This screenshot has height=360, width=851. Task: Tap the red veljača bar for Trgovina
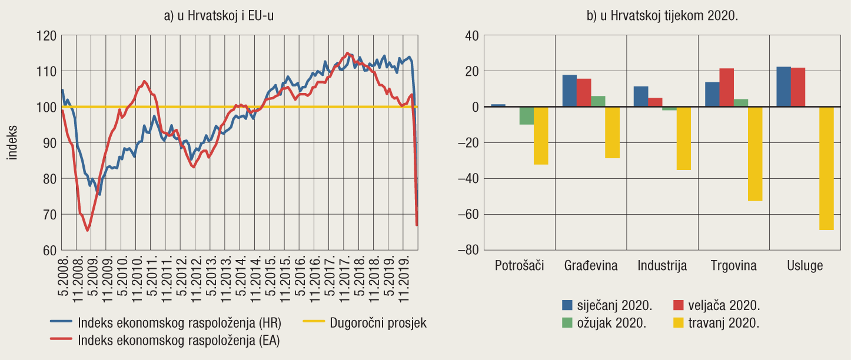tap(726, 88)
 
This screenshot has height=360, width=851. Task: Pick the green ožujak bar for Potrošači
tap(526, 115)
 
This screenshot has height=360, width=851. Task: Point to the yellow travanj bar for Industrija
tap(683, 138)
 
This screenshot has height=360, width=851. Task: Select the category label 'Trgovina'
tap(733, 266)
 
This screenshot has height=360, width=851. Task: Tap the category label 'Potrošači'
tap(520, 266)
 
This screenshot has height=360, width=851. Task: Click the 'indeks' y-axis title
tap(12, 143)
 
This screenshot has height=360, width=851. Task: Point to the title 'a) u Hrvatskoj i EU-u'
tap(219, 16)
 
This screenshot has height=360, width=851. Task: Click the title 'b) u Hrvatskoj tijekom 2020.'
tap(662, 16)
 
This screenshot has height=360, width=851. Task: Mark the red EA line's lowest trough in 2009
tap(88, 231)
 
